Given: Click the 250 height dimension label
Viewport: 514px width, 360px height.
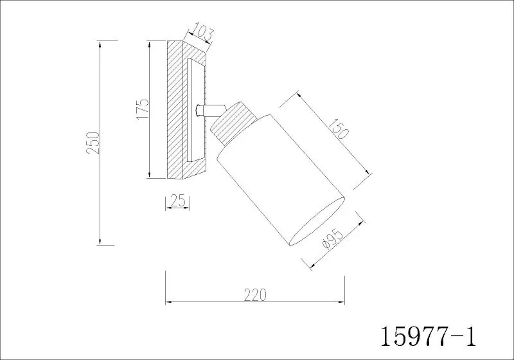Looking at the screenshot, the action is (x=92, y=143).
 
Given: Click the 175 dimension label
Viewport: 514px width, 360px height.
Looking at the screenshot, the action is (x=142, y=109).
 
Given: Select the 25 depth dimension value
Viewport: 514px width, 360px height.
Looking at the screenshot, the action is (x=178, y=201).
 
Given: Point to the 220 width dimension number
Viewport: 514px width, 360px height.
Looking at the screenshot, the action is (x=255, y=295).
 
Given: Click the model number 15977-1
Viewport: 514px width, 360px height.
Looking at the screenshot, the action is (x=428, y=337).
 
